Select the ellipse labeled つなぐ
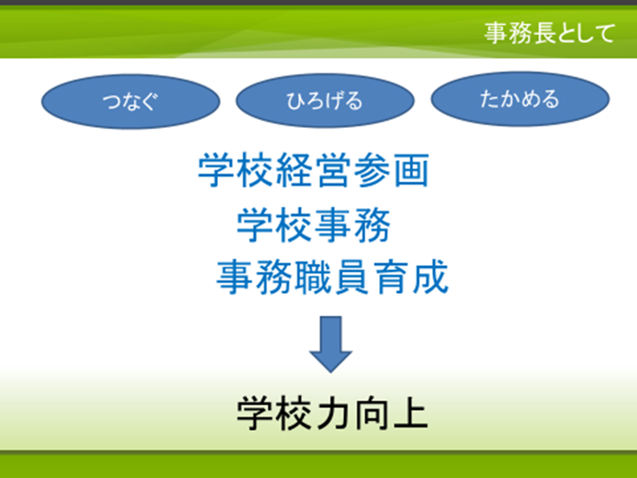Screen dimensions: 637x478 click(131, 101)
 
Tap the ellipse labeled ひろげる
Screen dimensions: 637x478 click(325, 100)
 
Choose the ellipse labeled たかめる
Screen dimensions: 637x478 click(520, 99)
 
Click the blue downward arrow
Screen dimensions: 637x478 click(331, 344)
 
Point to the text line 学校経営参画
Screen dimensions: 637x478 click(314, 170)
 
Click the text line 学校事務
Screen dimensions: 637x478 click(314, 225)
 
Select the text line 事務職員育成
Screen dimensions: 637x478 click(332, 277)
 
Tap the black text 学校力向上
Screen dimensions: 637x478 click(332, 413)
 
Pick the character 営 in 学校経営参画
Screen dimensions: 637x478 click(332, 170)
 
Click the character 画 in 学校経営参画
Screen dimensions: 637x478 click(411, 170)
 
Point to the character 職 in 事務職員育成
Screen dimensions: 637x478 click(313, 277)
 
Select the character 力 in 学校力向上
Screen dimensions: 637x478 click(332, 413)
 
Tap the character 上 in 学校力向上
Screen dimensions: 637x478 click(410, 413)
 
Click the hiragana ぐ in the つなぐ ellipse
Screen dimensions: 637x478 click(149, 102)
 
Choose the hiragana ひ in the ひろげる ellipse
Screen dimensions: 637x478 click(296, 101)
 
